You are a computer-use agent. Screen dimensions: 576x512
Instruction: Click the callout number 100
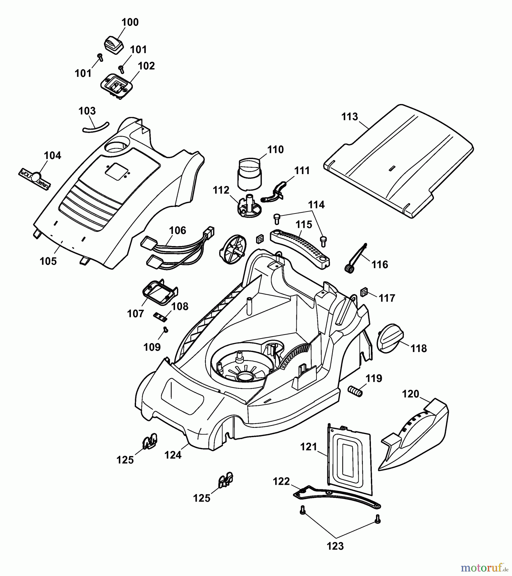(130, 22)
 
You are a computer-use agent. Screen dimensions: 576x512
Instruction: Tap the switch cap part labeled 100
(114, 45)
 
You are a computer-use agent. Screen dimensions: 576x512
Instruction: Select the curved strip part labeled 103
(95, 127)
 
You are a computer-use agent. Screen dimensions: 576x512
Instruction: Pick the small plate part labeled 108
(160, 316)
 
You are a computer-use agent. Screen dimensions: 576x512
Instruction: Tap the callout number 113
(349, 117)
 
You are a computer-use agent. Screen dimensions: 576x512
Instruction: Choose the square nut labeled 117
(364, 292)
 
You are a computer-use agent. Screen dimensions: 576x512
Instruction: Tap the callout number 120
(411, 394)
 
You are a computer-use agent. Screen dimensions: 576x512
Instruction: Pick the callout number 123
(335, 546)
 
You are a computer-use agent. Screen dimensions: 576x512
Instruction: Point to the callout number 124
(173, 455)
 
